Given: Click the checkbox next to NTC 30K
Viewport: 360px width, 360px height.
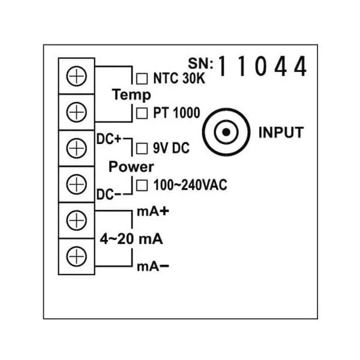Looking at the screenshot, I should (142, 77).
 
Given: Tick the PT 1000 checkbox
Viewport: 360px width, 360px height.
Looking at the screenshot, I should (142, 112).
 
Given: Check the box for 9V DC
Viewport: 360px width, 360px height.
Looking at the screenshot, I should (142, 146).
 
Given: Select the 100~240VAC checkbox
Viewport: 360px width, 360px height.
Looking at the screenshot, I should (142, 185).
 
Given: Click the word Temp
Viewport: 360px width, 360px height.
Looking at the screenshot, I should (131, 95).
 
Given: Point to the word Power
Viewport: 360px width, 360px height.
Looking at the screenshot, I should (131, 166).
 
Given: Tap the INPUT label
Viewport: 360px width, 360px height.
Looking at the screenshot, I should (280, 133).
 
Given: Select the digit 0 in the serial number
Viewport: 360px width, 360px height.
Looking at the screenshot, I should (262, 67).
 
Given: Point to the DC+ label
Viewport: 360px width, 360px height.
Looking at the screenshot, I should (109, 139).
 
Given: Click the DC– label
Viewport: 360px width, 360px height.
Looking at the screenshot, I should (109, 195).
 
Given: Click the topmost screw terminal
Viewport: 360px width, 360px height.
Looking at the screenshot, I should (77, 76).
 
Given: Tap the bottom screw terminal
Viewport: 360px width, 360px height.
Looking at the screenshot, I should (77, 256).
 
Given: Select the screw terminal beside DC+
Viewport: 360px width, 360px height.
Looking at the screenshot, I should (77, 146).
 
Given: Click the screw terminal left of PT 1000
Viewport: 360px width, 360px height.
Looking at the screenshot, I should (77, 111).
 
